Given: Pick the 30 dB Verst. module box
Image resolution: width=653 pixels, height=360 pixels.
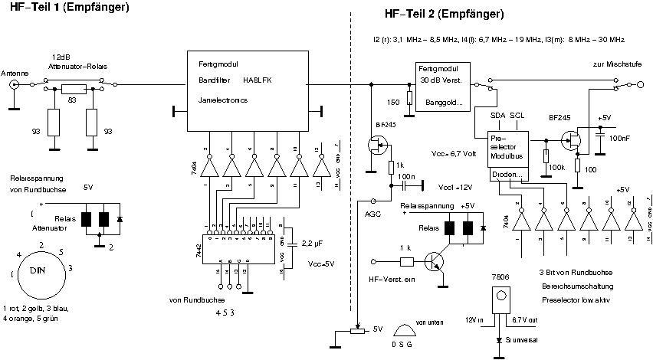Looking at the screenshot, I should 442,86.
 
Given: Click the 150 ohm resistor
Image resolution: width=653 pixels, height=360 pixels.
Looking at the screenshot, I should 410,98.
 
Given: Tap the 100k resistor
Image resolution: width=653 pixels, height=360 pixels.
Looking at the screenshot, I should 546,156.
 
